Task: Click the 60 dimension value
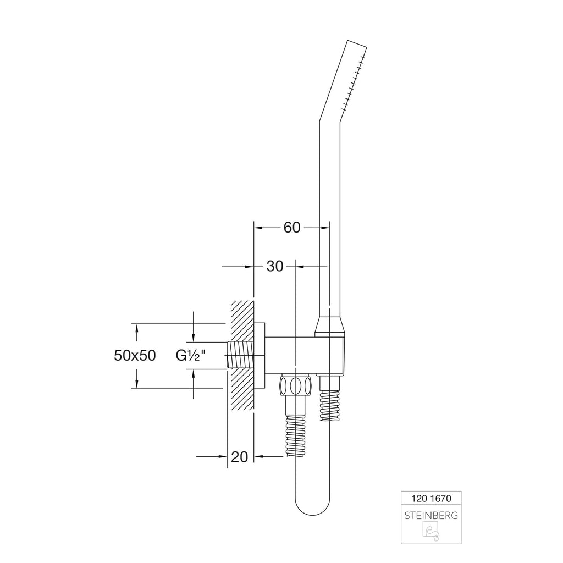291,227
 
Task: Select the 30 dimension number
275,267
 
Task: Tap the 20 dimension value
240,457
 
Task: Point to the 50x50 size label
135,356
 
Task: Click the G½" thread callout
191,356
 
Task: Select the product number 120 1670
431,498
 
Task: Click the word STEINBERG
431,516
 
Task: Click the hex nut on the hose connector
295,385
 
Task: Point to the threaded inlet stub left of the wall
241,355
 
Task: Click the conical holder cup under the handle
330,327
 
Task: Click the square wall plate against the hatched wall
260,356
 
